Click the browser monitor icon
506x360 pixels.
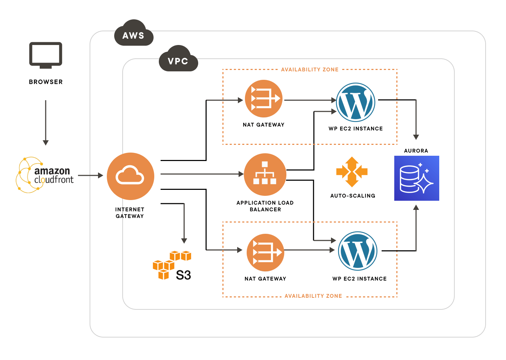pyautogui.click(x=46, y=54)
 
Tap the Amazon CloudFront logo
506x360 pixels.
pyautogui.click(x=45, y=175)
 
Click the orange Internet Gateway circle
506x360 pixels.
pyautogui.click(x=130, y=176)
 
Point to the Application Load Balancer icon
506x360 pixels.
pyautogui.click(x=265, y=174)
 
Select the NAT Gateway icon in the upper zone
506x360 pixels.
pyautogui.click(x=264, y=99)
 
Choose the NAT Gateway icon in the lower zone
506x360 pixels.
pyautogui.click(x=265, y=252)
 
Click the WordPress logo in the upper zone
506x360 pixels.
pyautogui.click(x=356, y=102)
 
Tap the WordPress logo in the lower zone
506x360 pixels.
pyautogui.click(x=358, y=251)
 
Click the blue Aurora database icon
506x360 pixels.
pyautogui.click(x=417, y=178)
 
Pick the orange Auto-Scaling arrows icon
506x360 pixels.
pyautogui.click(x=352, y=172)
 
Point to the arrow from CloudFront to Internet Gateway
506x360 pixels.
pyautogui.click(x=90, y=175)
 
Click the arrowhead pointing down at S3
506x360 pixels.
pyautogui.click(x=184, y=241)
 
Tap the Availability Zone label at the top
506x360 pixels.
pyautogui.click(x=310, y=70)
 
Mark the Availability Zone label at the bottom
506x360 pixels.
pyautogui.click(x=313, y=296)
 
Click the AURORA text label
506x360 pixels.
pyautogui.click(x=416, y=151)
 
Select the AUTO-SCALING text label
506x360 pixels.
pyautogui.click(x=353, y=196)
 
